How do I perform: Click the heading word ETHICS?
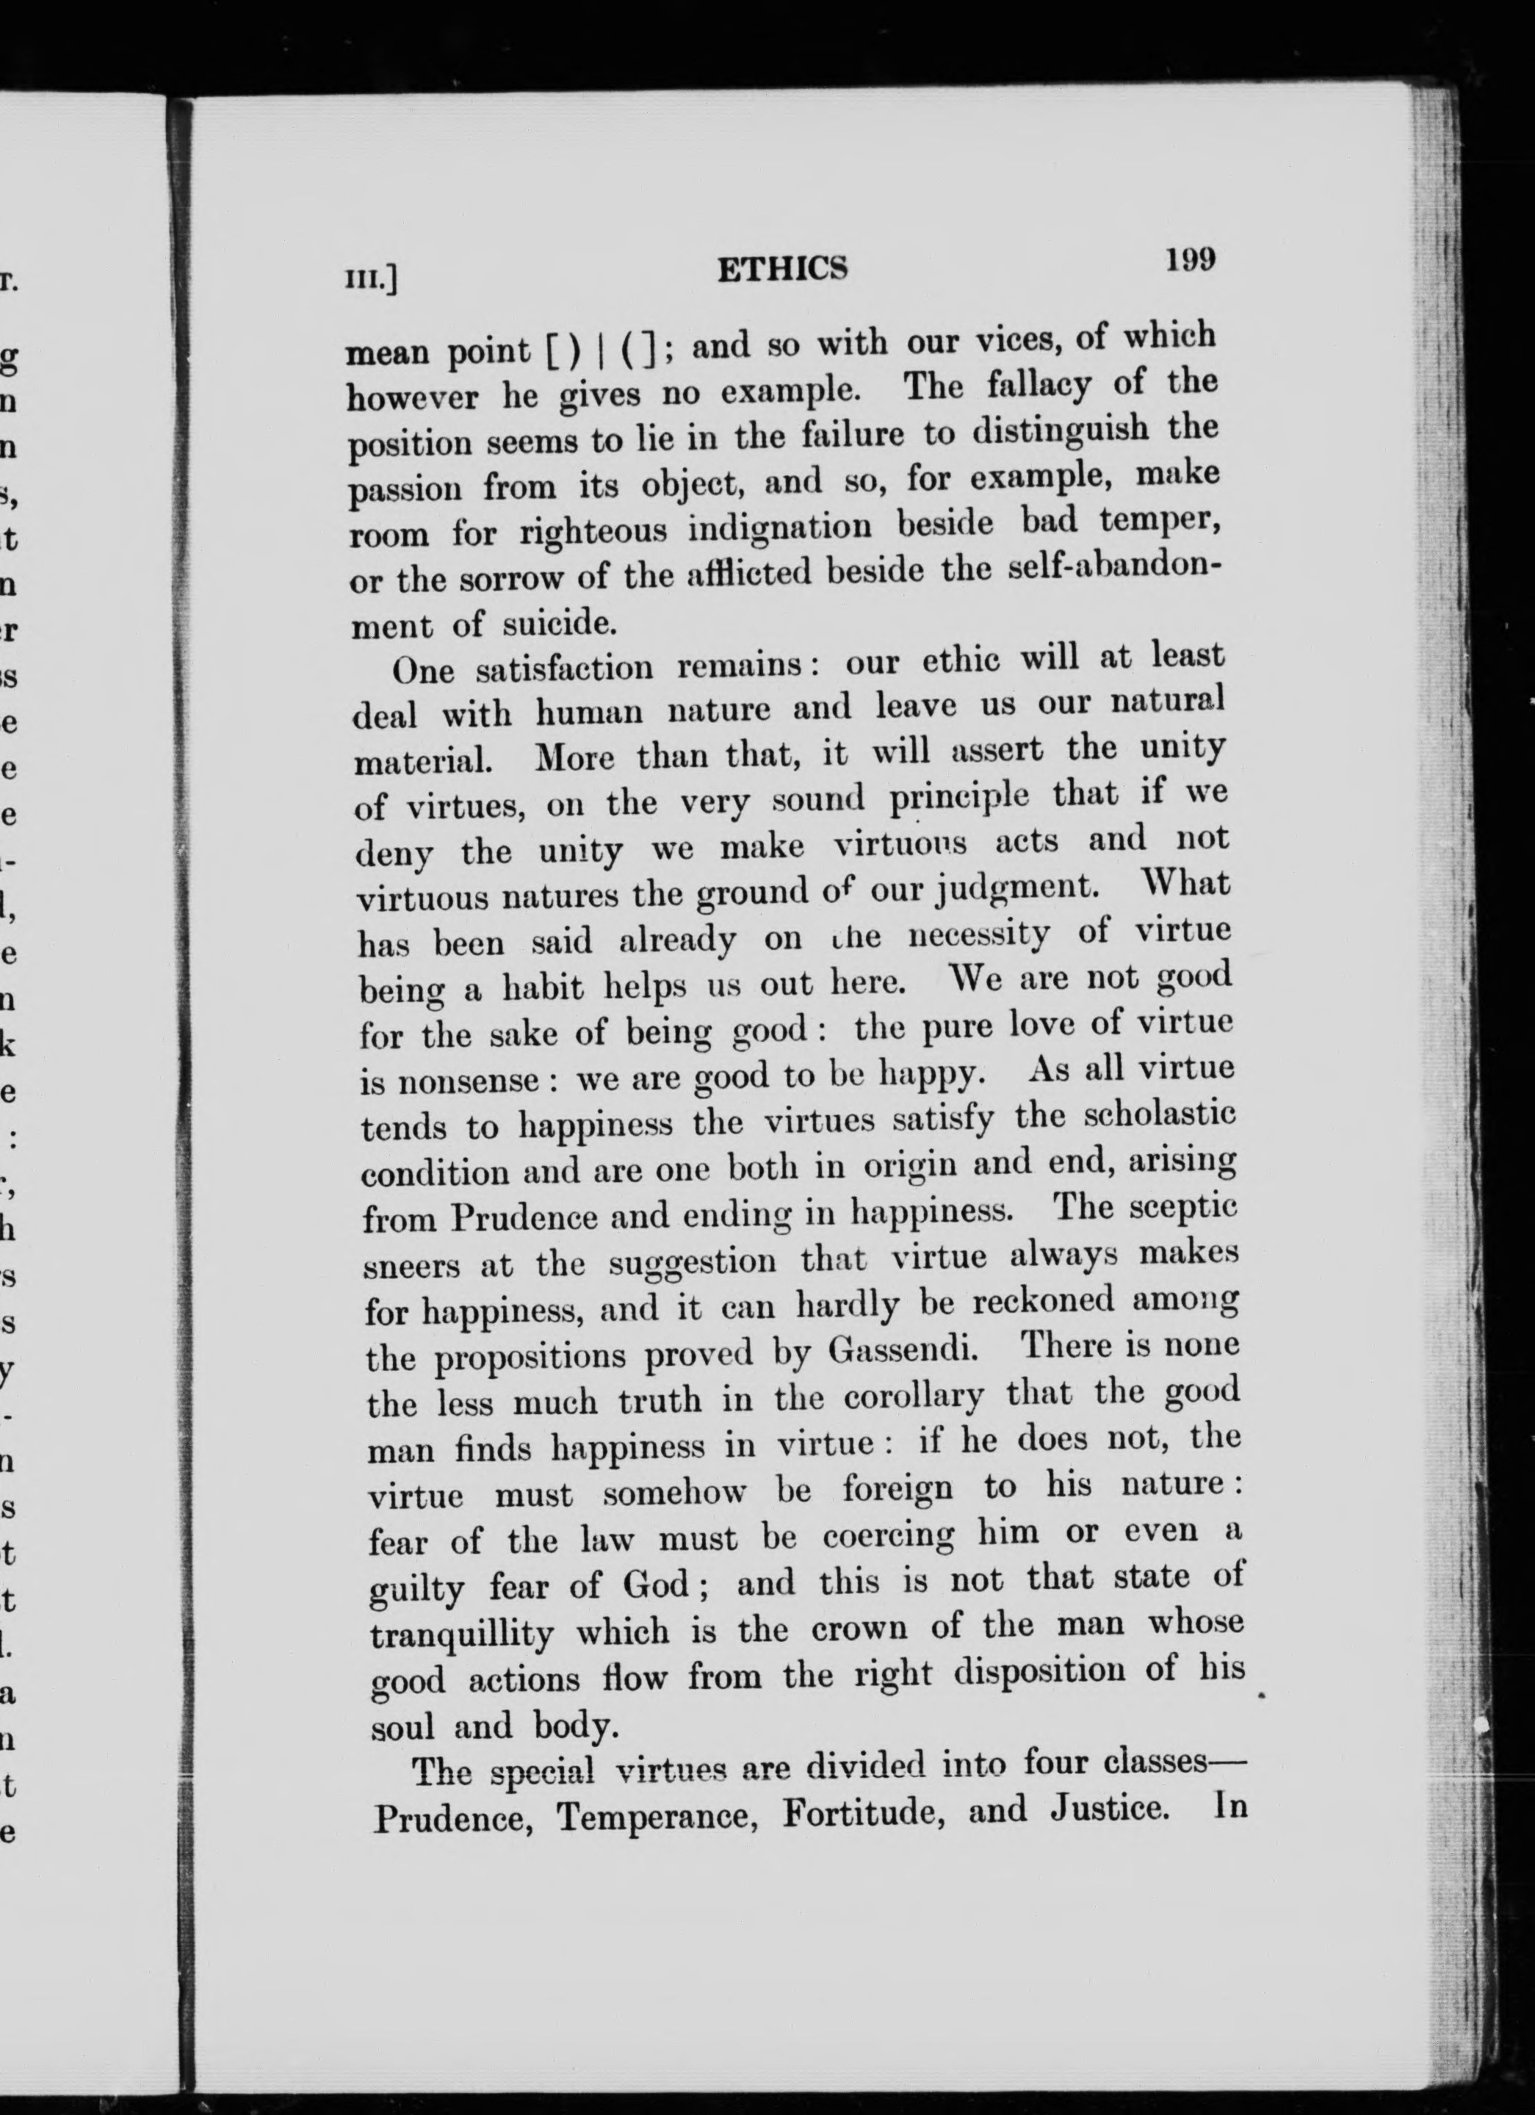pos(782,270)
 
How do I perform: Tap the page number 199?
pos(1190,259)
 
